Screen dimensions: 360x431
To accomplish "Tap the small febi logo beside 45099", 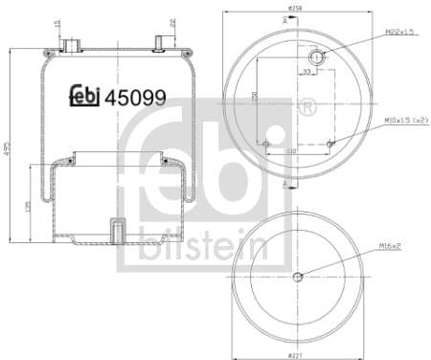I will click(x=84, y=97).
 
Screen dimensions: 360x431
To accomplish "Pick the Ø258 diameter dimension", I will click(x=296, y=9).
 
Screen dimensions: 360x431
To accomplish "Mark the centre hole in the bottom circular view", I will click(x=296, y=278).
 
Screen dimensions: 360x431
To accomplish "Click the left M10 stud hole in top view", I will click(x=265, y=145).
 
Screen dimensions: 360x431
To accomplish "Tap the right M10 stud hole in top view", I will click(x=329, y=145).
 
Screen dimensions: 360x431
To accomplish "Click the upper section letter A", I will click(x=284, y=19).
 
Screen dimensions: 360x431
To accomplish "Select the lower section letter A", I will click(x=284, y=179).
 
